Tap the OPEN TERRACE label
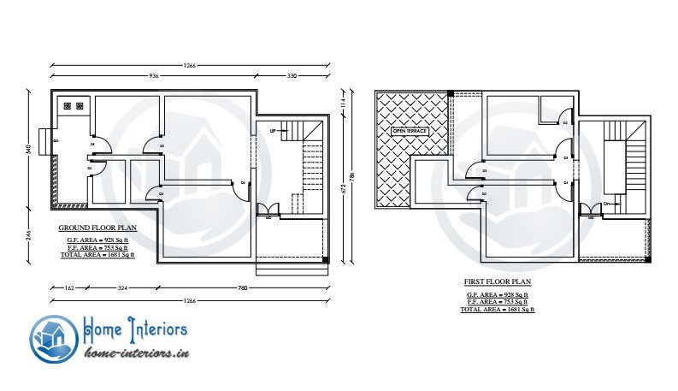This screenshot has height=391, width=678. point(408,132)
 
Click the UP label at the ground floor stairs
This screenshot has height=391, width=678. point(273,131)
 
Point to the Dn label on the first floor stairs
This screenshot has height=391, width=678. point(606,204)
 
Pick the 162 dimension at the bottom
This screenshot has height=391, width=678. point(68,288)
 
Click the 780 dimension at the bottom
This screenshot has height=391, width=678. point(242,288)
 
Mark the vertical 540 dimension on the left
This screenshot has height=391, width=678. point(28,150)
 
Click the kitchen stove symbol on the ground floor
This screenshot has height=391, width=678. point(73,107)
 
